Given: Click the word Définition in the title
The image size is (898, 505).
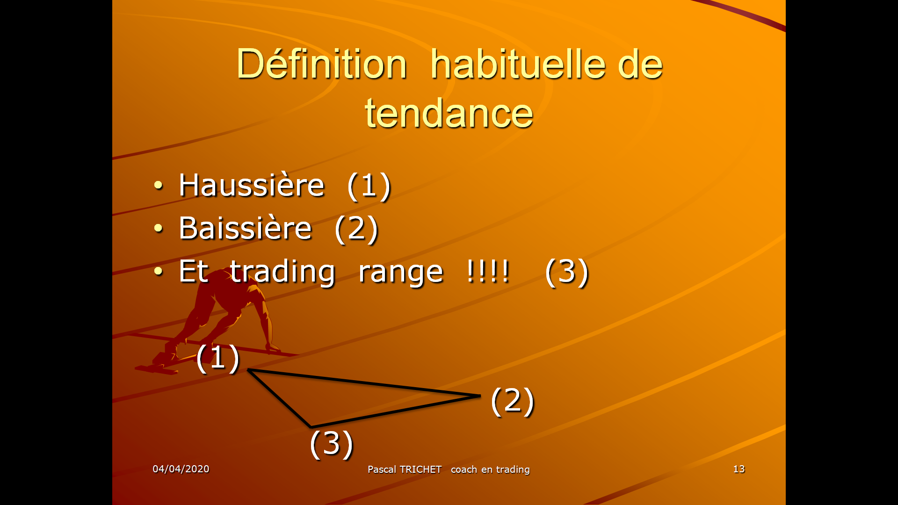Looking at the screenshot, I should (x=321, y=64).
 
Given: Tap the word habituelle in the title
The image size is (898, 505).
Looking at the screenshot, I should (x=517, y=64).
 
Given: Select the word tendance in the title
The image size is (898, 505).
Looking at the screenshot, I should (x=449, y=114).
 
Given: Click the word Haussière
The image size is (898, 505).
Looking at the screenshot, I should (x=251, y=185).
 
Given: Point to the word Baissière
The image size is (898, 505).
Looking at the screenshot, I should (x=245, y=228).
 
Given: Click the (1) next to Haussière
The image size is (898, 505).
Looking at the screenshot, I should (x=369, y=186).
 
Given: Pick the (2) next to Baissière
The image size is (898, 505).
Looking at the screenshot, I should (x=356, y=229).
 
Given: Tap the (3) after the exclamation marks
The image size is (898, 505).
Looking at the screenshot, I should (x=566, y=272).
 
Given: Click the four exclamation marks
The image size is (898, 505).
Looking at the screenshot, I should (x=487, y=271).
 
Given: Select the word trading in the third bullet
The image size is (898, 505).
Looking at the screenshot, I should (x=282, y=272).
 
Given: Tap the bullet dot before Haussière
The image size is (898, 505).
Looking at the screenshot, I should (x=159, y=186).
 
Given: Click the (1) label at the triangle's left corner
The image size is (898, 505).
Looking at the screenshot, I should (x=217, y=358).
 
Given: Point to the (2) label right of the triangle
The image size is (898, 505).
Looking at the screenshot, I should (x=512, y=401).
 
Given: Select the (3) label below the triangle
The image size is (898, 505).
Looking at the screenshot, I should (x=331, y=443).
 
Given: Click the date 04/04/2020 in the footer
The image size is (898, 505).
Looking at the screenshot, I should (x=181, y=469).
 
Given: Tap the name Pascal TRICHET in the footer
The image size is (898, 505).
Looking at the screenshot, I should (x=404, y=469).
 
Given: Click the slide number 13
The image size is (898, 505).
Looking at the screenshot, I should (x=739, y=469).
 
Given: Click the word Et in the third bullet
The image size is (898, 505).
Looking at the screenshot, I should (x=193, y=272).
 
